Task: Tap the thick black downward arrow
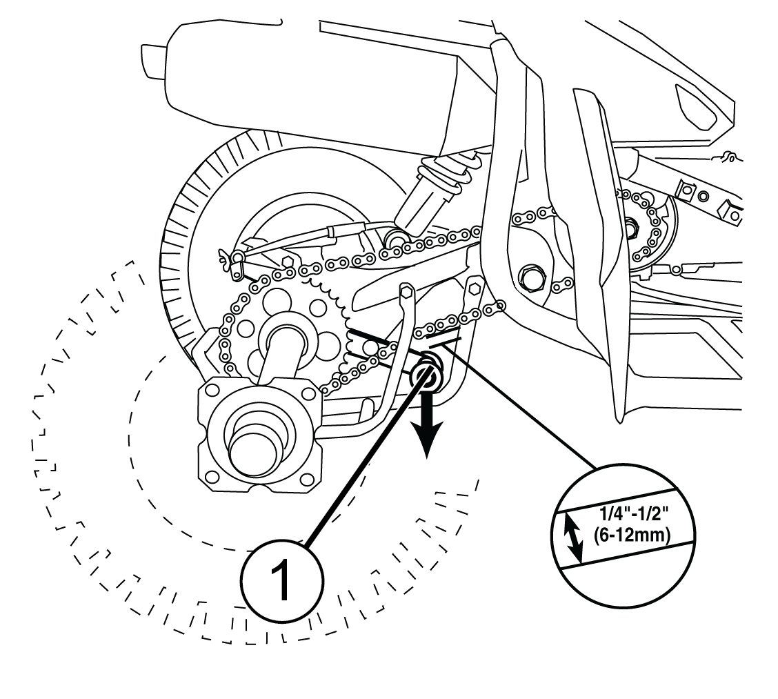coord(426,428)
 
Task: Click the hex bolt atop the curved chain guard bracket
coord(406,293)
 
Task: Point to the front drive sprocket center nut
coord(630,224)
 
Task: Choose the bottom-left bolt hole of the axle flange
coord(210,475)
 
